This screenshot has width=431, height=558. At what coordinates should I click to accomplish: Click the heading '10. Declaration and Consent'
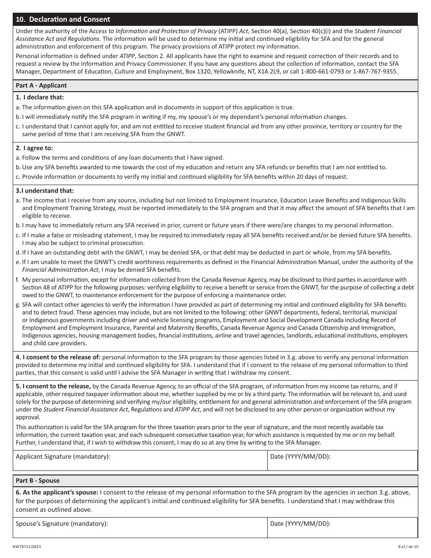[63, 20]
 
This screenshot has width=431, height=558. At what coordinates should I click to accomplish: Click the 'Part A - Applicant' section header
[41, 85]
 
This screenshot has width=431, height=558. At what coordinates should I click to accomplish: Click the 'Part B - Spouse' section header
[38, 480]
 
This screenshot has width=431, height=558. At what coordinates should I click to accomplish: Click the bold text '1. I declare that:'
[40, 97]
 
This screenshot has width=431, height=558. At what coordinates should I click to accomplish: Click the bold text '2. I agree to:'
[34, 148]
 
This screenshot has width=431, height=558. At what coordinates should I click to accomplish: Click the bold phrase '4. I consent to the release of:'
[58, 357]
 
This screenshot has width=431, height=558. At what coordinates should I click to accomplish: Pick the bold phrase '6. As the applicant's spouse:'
[57, 492]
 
